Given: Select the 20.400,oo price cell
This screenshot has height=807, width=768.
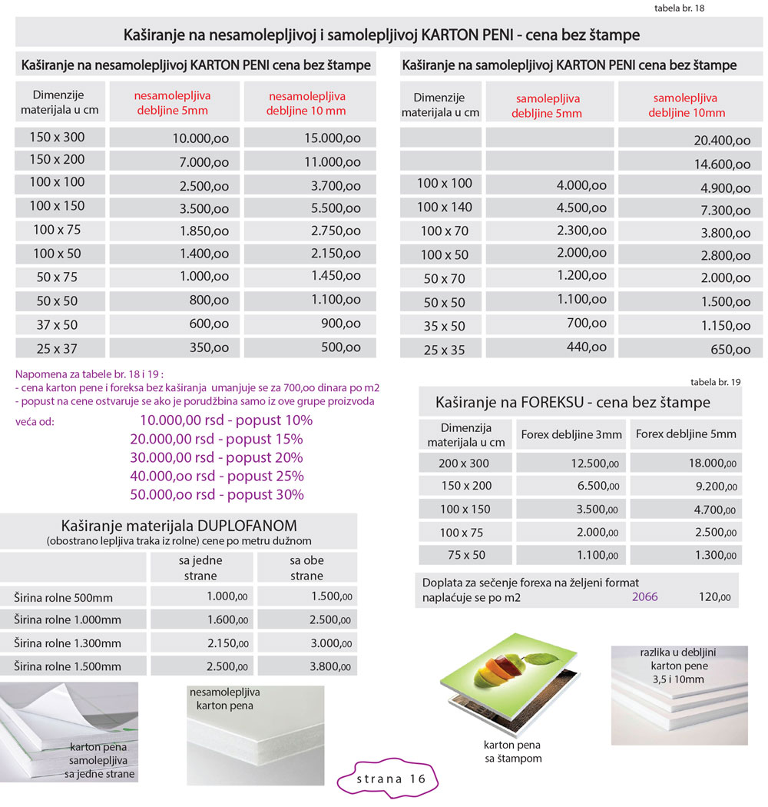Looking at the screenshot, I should [721, 140].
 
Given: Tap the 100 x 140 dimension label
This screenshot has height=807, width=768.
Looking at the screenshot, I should [443, 207].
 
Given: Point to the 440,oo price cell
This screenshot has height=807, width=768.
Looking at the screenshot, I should [585, 347].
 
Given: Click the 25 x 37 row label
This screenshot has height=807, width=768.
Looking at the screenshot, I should [57, 348].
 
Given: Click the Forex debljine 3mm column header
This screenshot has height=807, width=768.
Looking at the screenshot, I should [571, 434].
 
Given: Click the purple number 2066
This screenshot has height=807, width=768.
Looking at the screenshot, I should [645, 596].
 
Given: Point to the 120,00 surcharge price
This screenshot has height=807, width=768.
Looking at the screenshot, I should [714, 596].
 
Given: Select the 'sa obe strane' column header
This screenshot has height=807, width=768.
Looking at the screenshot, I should [307, 568].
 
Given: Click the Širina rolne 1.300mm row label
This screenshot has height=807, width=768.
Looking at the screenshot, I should [68, 643].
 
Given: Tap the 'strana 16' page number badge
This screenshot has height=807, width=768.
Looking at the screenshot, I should [391, 778].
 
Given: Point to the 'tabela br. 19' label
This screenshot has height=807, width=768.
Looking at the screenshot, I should [716, 381].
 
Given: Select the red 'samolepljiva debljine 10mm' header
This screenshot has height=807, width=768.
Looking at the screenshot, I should [685, 105].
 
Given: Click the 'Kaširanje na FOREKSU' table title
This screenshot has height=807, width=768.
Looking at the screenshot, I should [572, 402].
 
